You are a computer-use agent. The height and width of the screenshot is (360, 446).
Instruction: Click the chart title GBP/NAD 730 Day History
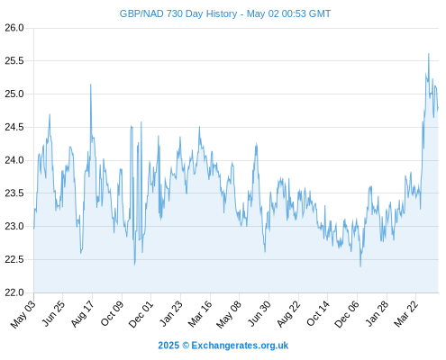click(x=178, y=13)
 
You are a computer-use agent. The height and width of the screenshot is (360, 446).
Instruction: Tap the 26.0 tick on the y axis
click(x=14, y=28)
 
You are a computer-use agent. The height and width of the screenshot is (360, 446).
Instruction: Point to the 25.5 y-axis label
click(x=14, y=61)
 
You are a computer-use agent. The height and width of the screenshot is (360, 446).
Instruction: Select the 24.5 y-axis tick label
click(x=14, y=127)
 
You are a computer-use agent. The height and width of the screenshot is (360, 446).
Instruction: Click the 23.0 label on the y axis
click(x=14, y=226)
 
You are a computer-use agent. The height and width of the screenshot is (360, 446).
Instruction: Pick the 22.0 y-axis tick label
click(x=14, y=292)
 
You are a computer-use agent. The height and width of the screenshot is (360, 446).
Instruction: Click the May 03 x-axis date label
click(x=23, y=314)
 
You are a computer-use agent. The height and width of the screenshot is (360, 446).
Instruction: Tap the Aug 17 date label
click(x=83, y=314)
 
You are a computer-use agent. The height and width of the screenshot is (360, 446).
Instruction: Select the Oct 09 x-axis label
click(x=112, y=314)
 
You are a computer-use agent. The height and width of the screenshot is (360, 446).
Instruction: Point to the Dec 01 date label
click(x=141, y=314)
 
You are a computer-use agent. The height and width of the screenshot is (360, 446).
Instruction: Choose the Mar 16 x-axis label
click(x=200, y=314)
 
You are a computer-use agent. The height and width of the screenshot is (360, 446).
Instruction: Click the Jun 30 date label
click(x=259, y=314)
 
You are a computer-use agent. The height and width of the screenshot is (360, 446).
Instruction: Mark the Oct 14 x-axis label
click(x=318, y=314)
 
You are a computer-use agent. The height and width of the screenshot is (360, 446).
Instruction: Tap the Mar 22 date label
click(x=406, y=314)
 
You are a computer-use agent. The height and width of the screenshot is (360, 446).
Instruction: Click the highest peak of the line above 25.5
click(x=429, y=54)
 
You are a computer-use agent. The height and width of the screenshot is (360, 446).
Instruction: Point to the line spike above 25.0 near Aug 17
click(x=91, y=85)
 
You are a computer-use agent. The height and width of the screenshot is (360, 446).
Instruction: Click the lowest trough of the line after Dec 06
click(x=360, y=266)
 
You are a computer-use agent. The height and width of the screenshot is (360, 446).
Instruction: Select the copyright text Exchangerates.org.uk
click(x=240, y=346)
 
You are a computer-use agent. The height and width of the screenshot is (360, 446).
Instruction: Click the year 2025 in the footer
click(x=168, y=346)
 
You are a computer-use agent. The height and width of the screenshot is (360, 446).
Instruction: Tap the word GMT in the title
click(x=319, y=13)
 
